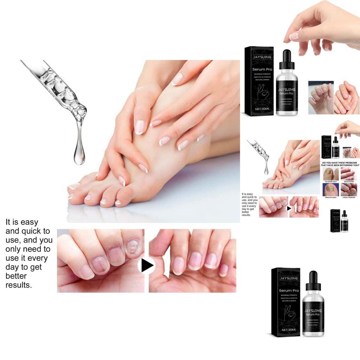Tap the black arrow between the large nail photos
(x=147, y=265)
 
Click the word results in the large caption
(x=19, y=285)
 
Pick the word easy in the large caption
(x=30, y=222)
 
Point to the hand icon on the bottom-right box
(x=288, y=313)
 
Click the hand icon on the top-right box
(x=262, y=94)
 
